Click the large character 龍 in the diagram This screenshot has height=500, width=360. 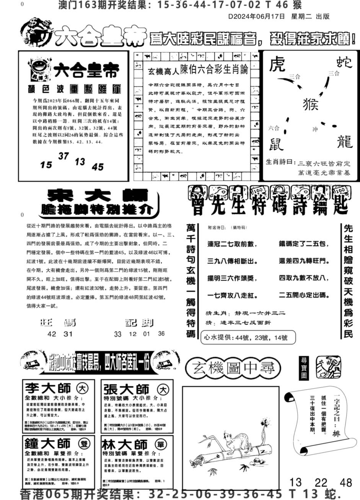(x=343, y=142)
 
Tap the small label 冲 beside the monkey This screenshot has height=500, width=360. (x=315, y=130)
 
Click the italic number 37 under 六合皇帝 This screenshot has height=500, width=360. (x=64, y=156)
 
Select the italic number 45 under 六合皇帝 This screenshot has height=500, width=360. (x=98, y=167)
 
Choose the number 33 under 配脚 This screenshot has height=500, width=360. (x=117, y=334)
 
